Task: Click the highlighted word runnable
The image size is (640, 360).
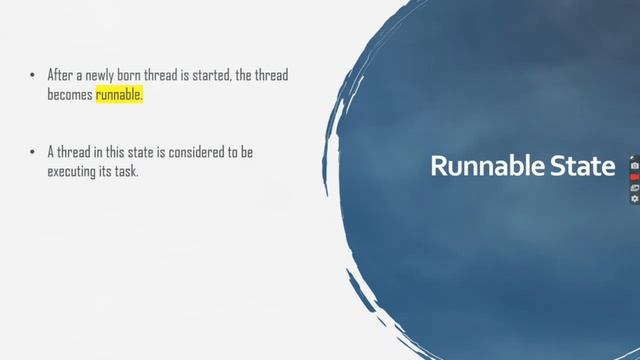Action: point(119,95)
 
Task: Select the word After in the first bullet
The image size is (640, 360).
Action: point(62,75)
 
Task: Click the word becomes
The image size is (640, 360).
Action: point(69,95)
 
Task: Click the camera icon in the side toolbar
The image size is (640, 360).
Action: point(634,165)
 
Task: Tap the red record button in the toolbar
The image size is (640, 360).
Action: point(634,176)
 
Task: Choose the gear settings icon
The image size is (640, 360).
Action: point(634,198)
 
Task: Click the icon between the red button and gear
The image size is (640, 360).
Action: point(634,187)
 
